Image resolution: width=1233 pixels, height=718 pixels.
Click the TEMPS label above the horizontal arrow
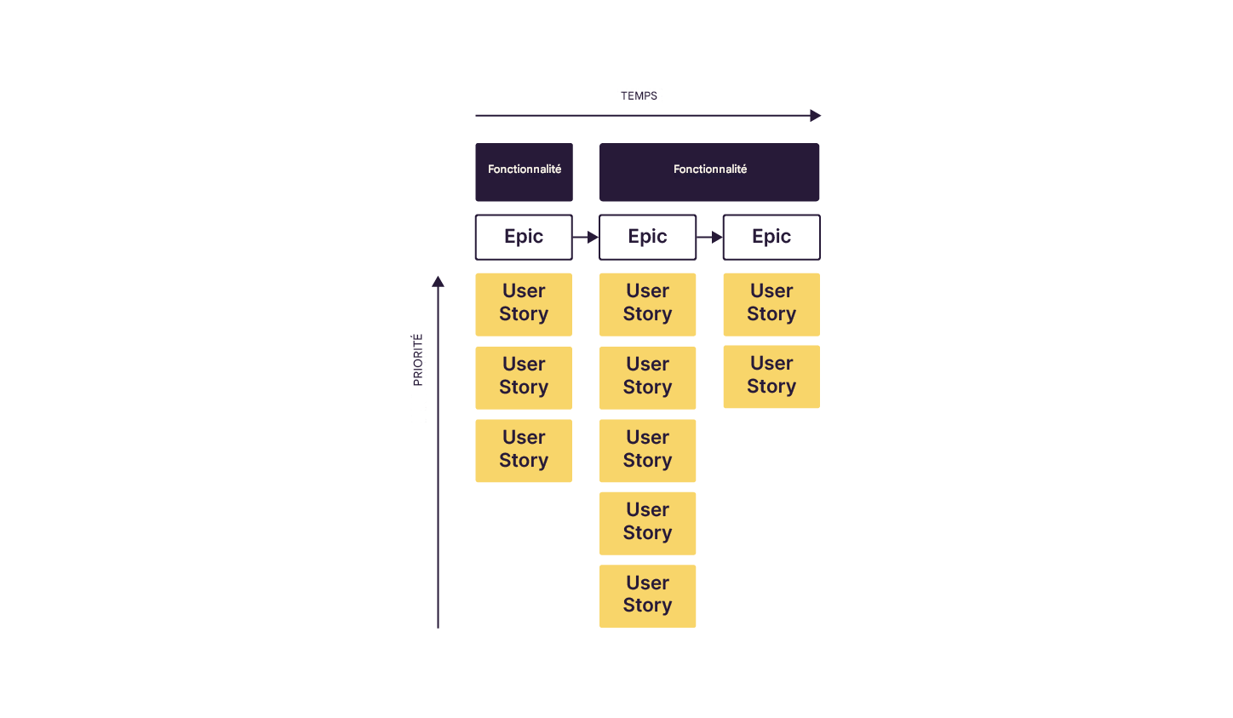click(x=639, y=96)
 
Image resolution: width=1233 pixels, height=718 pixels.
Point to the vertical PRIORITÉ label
click(x=417, y=359)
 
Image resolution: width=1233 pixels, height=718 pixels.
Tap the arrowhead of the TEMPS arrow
click(x=815, y=116)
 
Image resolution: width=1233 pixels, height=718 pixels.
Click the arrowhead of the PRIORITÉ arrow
click(x=438, y=282)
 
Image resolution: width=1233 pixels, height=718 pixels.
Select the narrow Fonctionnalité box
click(x=524, y=171)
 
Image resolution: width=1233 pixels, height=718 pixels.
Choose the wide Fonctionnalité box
click(x=709, y=171)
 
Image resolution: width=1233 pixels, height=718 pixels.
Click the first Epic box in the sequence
click(x=524, y=237)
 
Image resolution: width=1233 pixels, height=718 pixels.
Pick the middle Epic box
click(x=647, y=237)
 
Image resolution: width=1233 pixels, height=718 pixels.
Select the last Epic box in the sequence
click(x=771, y=237)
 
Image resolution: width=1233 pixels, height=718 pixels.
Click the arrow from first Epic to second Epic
click(x=586, y=237)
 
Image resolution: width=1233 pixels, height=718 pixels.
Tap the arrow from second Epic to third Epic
click(x=709, y=237)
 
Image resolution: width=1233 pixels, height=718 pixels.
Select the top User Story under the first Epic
click(x=524, y=304)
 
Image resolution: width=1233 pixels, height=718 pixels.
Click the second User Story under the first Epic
click(x=524, y=377)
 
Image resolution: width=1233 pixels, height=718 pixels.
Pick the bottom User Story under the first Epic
click(x=524, y=451)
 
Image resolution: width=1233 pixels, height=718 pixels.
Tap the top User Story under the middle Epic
click(x=647, y=304)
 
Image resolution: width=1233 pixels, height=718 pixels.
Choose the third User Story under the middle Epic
click(x=647, y=451)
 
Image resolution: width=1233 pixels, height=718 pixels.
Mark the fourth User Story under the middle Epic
click(x=647, y=523)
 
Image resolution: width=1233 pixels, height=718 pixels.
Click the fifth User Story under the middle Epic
click(x=647, y=596)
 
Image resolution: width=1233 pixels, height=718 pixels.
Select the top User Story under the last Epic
click(x=771, y=304)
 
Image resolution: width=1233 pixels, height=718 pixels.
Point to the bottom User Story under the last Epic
click(x=771, y=376)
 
